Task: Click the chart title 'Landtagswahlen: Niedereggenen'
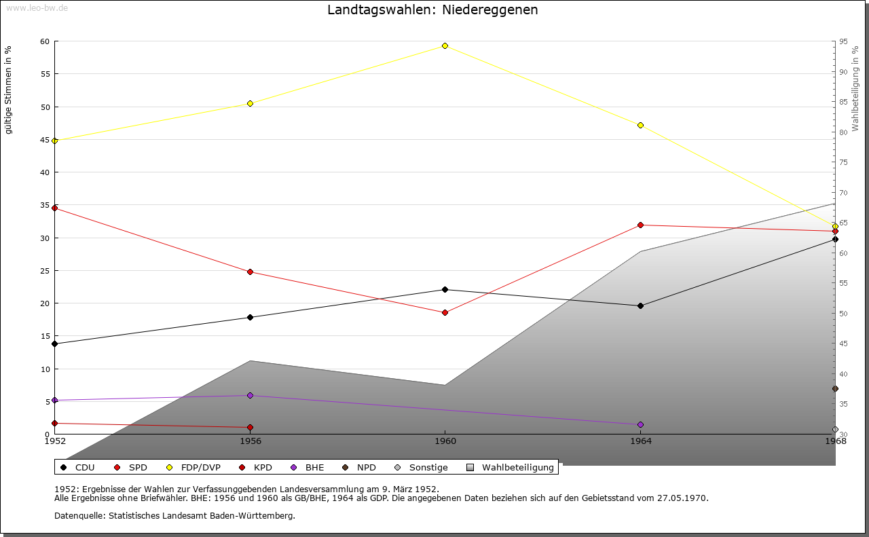[x=432, y=10]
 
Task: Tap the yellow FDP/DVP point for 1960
[x=445, y=45]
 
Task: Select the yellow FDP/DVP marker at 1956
[x=250, y=103]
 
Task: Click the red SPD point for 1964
[x=640, y=225]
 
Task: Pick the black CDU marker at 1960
[x=445, y=289]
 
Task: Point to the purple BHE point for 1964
[x=640, y=424]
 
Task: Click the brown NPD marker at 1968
[x=835, y=389]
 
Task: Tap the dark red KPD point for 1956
[x=250, y=427]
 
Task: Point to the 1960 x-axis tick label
[x=445, y=441]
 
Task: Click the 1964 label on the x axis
[x=640, y=441]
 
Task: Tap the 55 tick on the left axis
[x=45, y=74]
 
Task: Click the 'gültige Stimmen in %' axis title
[x=8, y=90]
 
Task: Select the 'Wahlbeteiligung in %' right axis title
[x=855, y=88]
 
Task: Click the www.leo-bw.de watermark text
[x=36, y=7]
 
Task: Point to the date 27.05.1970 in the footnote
[x=682, y=498]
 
